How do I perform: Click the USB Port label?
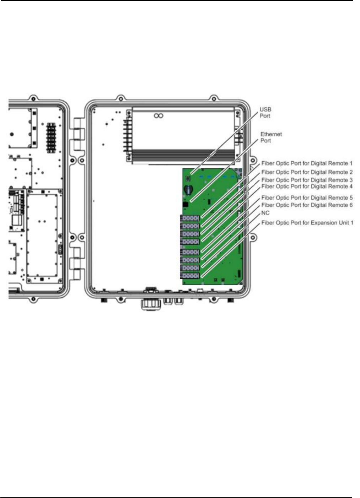coord(265,113)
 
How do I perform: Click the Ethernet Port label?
coord(271,137)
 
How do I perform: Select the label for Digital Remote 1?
coord(307,163)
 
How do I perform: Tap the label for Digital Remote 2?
coord(307,172)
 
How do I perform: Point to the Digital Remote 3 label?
coord(307,180)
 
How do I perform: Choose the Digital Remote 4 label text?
coord(307,186)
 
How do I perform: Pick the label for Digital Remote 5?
coord(307,197)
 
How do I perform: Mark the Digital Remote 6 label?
coord(307,205)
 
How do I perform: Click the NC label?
coord(265,213)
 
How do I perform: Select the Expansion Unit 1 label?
coord(307,223)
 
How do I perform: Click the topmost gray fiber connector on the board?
coord(190,218)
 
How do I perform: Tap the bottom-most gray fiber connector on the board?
coord(190,276)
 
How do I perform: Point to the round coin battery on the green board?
coord(188,190)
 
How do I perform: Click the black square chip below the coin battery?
coord(185,205)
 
